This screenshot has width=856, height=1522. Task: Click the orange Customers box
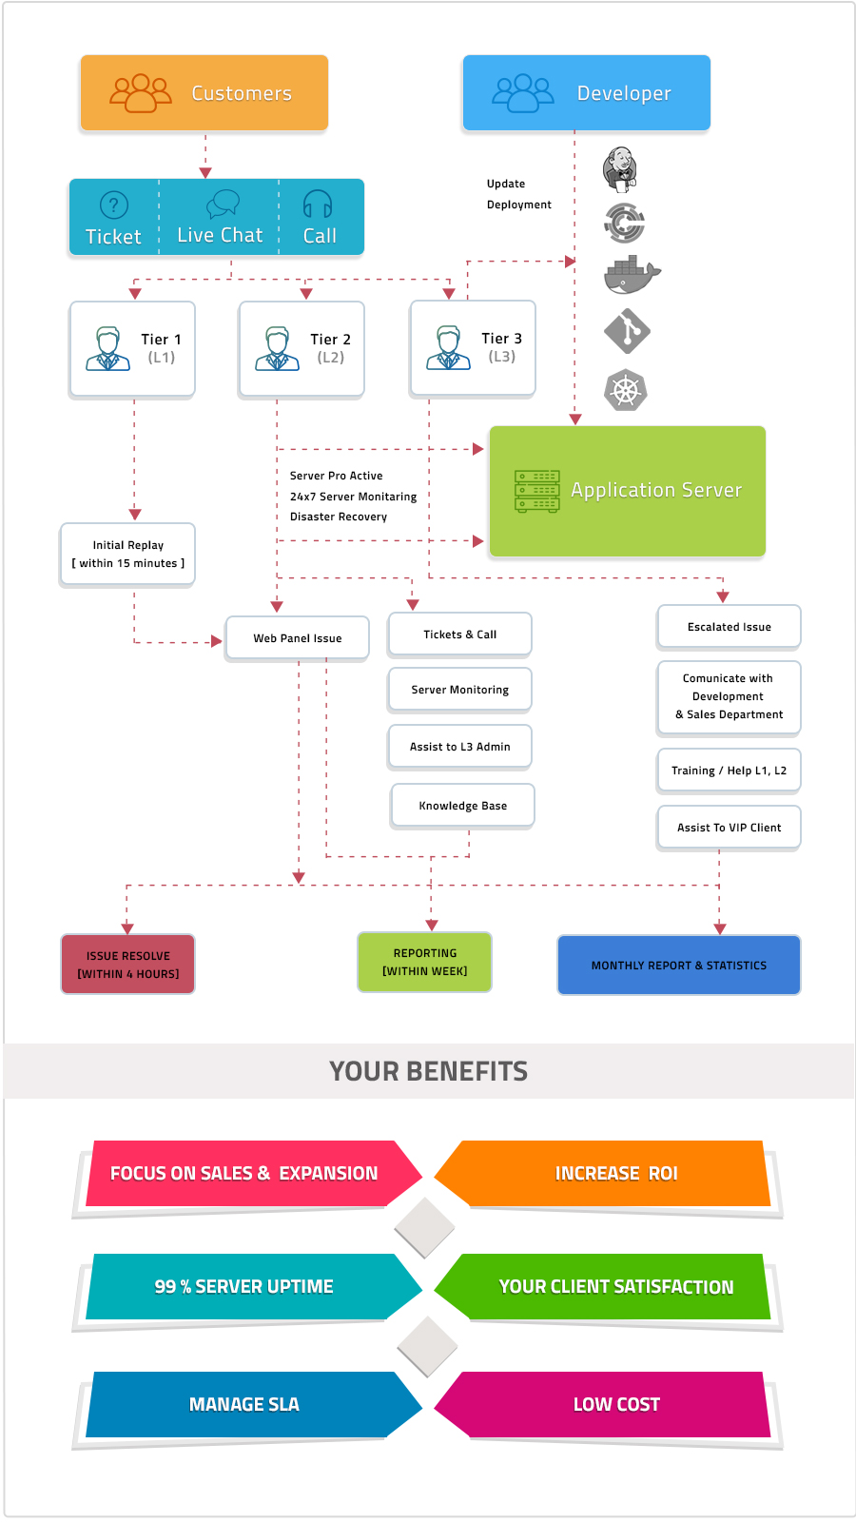(x=204, y=92)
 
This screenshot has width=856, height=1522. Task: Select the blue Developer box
(x=586, y=92)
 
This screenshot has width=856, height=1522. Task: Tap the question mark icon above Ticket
(x=114, y=205)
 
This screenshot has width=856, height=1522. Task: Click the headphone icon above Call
(x=318, y=204)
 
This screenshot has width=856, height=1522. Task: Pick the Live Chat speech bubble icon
(x=223, y=203)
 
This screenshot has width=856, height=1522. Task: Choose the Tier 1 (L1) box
(x=132, y=348)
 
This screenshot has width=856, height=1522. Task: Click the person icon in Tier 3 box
(x=448, y=348)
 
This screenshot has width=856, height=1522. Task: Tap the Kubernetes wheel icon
(x=626, y=390)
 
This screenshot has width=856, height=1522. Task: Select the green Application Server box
(x=628, y=491)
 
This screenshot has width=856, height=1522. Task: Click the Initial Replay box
(x=127, y=555)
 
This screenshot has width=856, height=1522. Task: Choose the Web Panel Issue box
(x=298, y=638)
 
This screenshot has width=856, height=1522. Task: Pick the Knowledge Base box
(x=462, y=806)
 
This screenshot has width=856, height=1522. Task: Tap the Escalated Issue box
(x=729, y=627)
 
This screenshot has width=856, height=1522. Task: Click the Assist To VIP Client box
(x=729, y=828)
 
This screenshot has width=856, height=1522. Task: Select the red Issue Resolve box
(x=127, y=965)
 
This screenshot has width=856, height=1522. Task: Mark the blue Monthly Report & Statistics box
(x=678, y=965)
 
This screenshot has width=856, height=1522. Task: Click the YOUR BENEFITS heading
(x=428, y=1071)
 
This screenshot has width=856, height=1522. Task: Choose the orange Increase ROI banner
(x=616, y=1173)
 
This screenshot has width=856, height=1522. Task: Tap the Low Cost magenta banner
(x=616, y=1404)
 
